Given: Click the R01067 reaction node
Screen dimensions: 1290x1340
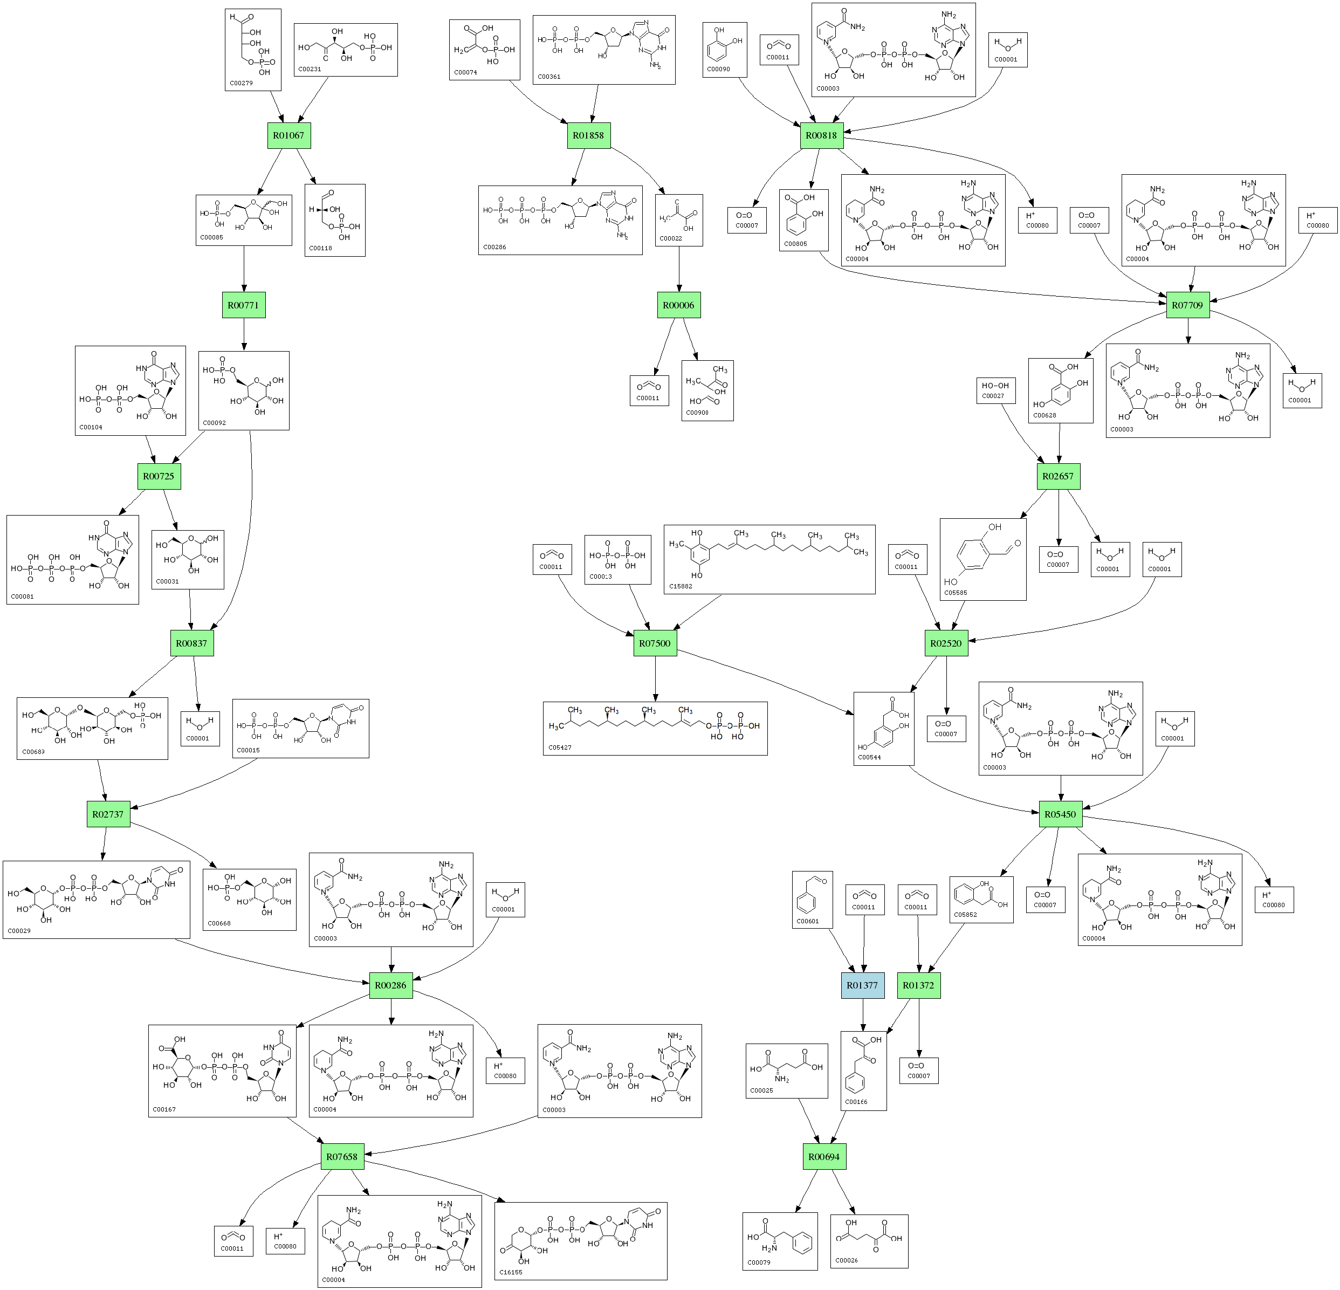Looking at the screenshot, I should point(288,135).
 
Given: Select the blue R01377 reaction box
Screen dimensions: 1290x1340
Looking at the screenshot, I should point(862,985).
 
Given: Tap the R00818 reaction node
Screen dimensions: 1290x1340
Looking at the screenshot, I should point(821,135).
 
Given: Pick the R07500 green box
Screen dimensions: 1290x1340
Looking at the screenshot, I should point(655,643).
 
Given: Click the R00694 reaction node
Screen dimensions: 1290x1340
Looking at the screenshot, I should point(824,1157).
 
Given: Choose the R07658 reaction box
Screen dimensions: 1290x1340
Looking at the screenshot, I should point(342,1157).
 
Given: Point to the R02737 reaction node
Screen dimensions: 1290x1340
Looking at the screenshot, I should point(108,814).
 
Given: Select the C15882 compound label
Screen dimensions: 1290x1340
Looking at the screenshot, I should point(681,586).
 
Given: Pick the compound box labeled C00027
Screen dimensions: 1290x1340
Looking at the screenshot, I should point(995,390).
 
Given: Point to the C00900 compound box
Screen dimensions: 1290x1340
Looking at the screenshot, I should point(707,390).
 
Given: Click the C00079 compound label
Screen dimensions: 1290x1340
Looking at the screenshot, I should point(759,1262).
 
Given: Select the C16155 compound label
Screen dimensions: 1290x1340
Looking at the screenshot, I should point(511,1272).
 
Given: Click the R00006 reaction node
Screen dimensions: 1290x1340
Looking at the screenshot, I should point(679,305).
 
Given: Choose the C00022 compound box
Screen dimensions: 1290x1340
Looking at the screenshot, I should point(679,220).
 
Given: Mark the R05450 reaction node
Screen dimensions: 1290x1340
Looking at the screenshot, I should point(1060,814).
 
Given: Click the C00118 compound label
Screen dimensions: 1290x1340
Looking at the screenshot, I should point(321,248).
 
